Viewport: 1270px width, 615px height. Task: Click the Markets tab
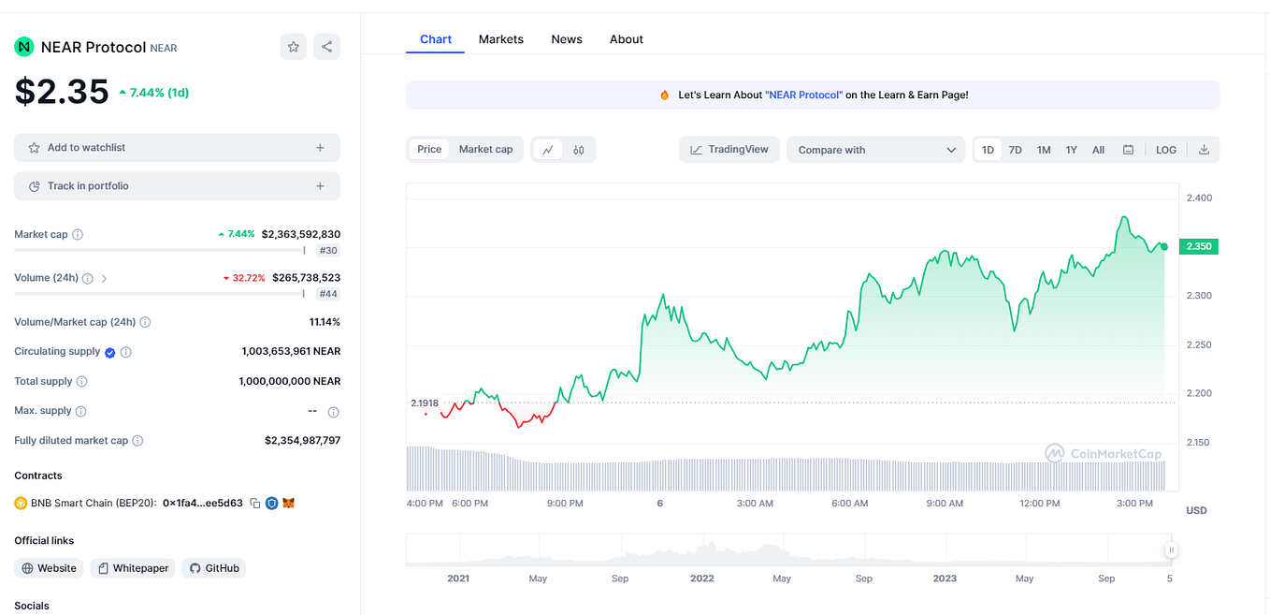pos(500,39)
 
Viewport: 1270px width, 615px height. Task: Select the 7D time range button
pos(1015,150)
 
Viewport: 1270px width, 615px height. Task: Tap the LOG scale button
pos(1165,150)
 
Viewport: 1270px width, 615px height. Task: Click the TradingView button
pos(729,150)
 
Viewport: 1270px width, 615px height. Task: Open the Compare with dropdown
pos(875,150)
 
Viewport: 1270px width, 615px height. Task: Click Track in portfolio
pos(177,186)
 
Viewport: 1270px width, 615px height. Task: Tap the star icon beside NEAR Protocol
pos(293,47)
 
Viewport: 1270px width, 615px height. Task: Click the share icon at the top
pos(326,47)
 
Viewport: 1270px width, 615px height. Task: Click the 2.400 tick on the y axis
pos(1198,198)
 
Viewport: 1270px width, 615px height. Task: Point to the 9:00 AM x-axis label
pos(945,504)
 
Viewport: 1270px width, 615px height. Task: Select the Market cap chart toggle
pos(485,150)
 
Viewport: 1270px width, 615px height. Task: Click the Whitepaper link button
pos(133,568)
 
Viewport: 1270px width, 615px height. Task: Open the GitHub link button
pos(214,568)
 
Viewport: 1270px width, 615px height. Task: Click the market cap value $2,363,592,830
pos(300,234)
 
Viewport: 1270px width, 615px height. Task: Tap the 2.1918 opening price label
pos(424,403)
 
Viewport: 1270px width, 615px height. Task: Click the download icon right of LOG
pos(1204,150)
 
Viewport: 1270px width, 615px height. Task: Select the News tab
pos(566,39)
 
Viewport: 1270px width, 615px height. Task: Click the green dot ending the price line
pos(1163,246)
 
